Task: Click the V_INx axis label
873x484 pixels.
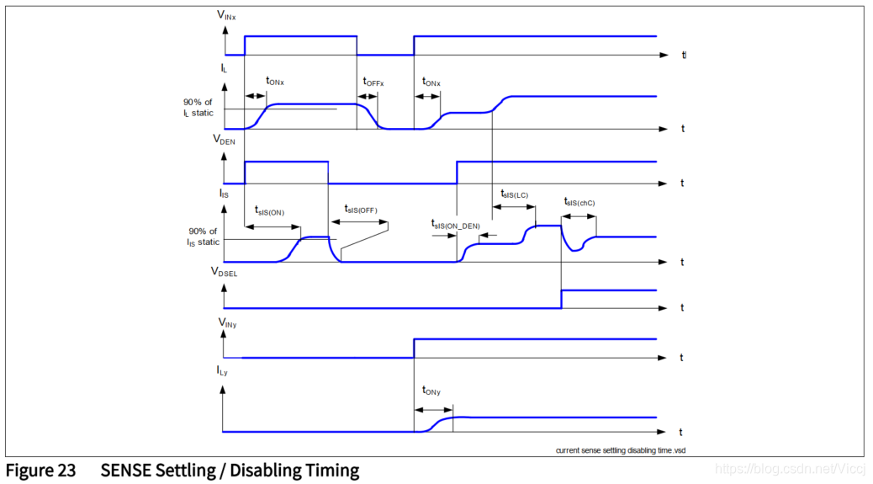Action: click(x=226, y=13)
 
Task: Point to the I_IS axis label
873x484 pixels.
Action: click(x=223, y=194)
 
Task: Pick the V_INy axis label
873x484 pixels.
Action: click(x=226, y=322)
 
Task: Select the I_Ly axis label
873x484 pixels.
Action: click(x=223, y=371)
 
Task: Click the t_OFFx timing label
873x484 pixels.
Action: click(x=373, y=82)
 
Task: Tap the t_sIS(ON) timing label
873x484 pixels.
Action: click(x=269, y=211)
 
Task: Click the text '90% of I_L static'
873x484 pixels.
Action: click(x=199, y=107)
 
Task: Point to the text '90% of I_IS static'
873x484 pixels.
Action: click(x=203, y=237)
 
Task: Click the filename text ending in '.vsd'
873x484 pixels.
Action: click(x=615, y=450)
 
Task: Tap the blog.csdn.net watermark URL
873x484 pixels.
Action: click(x=791, y=467)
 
